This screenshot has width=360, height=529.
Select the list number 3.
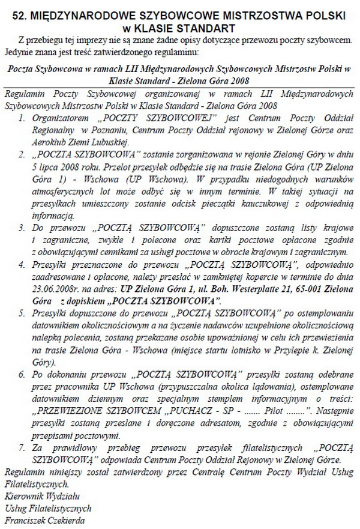pos(22,229)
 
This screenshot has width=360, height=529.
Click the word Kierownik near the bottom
pos(26,496)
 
